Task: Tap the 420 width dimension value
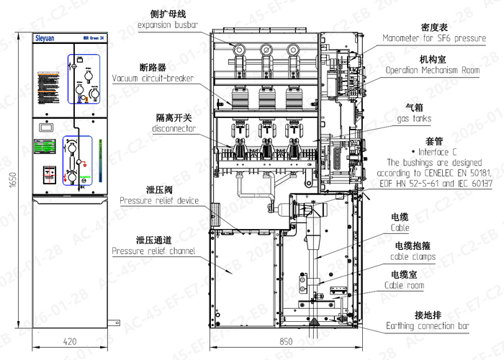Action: click(70, 341)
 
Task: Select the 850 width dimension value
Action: click(287, 341)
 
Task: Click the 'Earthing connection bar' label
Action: click(428, 327)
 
